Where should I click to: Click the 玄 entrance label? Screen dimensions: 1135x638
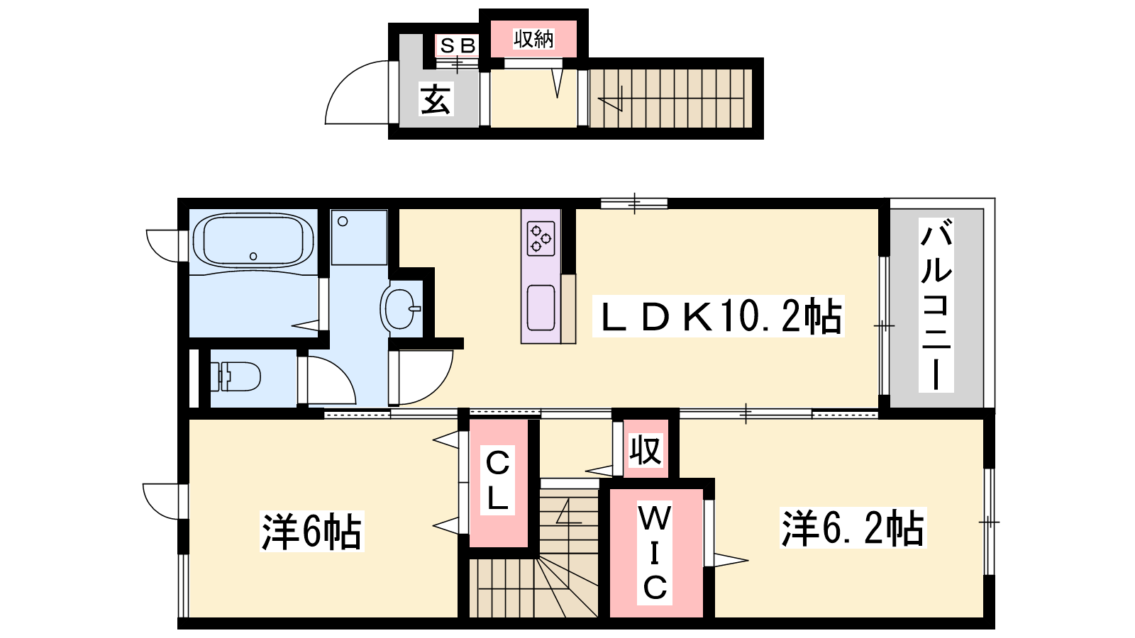(436, 99)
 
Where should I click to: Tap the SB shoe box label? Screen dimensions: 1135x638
(458, 46)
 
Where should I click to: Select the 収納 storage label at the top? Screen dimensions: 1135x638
(533, 39)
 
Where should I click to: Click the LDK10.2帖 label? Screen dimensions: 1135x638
(719, 316)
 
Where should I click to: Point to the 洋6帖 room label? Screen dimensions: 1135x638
(311, 532)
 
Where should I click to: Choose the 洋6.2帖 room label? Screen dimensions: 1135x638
(853, 528)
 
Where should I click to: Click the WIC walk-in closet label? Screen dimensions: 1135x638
(655, 554)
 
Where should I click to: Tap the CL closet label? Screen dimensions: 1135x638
(497, 480)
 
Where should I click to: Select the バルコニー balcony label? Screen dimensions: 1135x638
(936, 306)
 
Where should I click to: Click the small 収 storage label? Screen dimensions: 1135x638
(646, 449)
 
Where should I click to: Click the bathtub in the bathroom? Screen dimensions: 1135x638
(253, 241)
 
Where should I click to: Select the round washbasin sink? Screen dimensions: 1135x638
(400, 308)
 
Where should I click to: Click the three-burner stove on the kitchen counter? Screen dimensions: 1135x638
(541, 238)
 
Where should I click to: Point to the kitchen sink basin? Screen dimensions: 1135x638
(541, 308)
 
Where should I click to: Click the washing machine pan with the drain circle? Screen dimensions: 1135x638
(359, 237)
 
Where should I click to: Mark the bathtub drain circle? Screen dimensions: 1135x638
(253, 256)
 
